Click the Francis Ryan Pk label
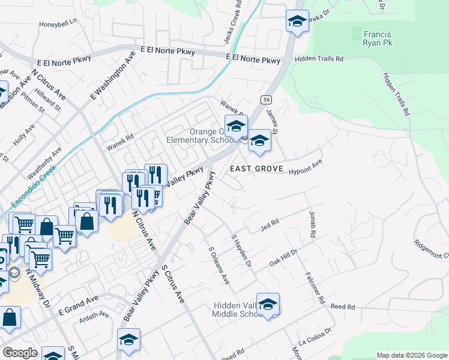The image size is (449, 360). point(376,37)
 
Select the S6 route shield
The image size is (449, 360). point(267,99)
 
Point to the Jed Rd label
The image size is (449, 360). point(270,224)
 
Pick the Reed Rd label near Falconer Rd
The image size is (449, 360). point(343,307)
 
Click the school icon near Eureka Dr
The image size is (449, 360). point(297,22)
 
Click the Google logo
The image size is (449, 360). point(20,352)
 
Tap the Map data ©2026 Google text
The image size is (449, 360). point(411,355)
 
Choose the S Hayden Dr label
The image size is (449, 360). point(241,251)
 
